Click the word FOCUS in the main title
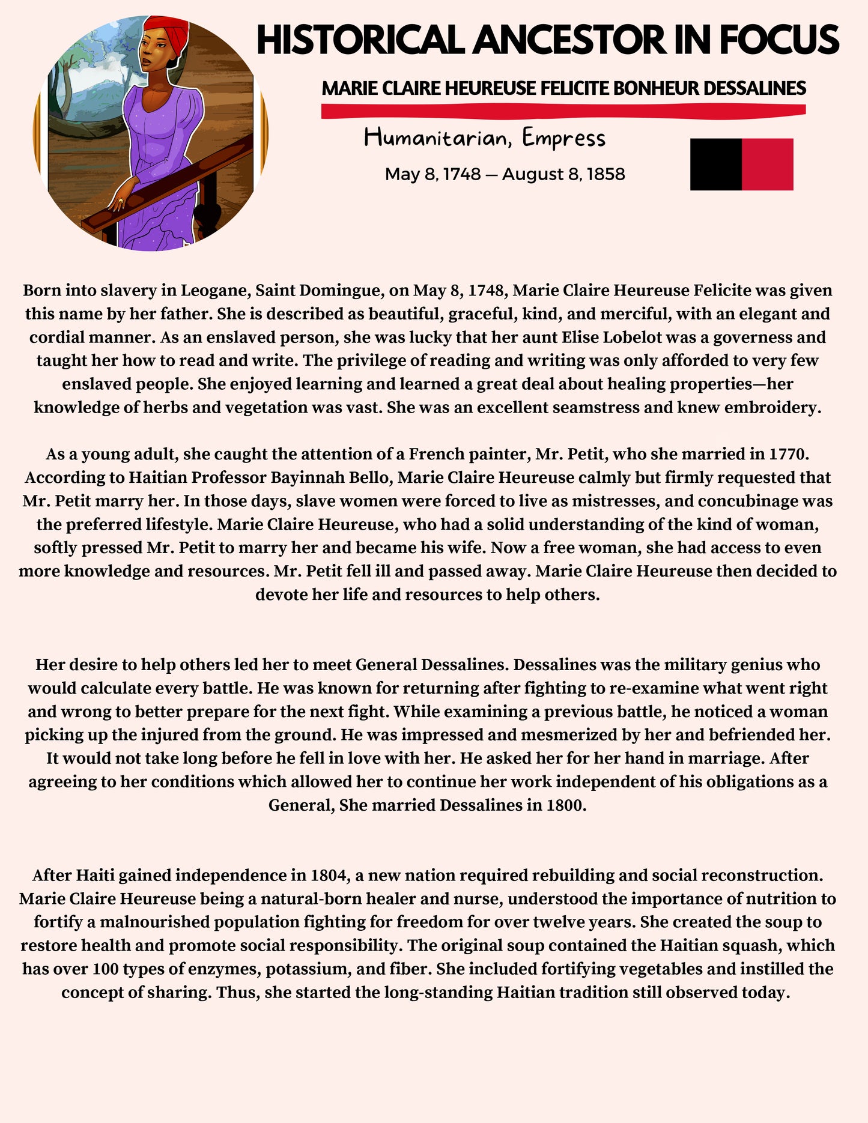pos(779,40)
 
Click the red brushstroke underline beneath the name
pos(563,110)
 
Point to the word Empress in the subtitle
pos(563,138)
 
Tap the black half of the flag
pos(715,164)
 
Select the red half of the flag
pos(768,164)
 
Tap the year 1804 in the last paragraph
pos(330,875)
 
